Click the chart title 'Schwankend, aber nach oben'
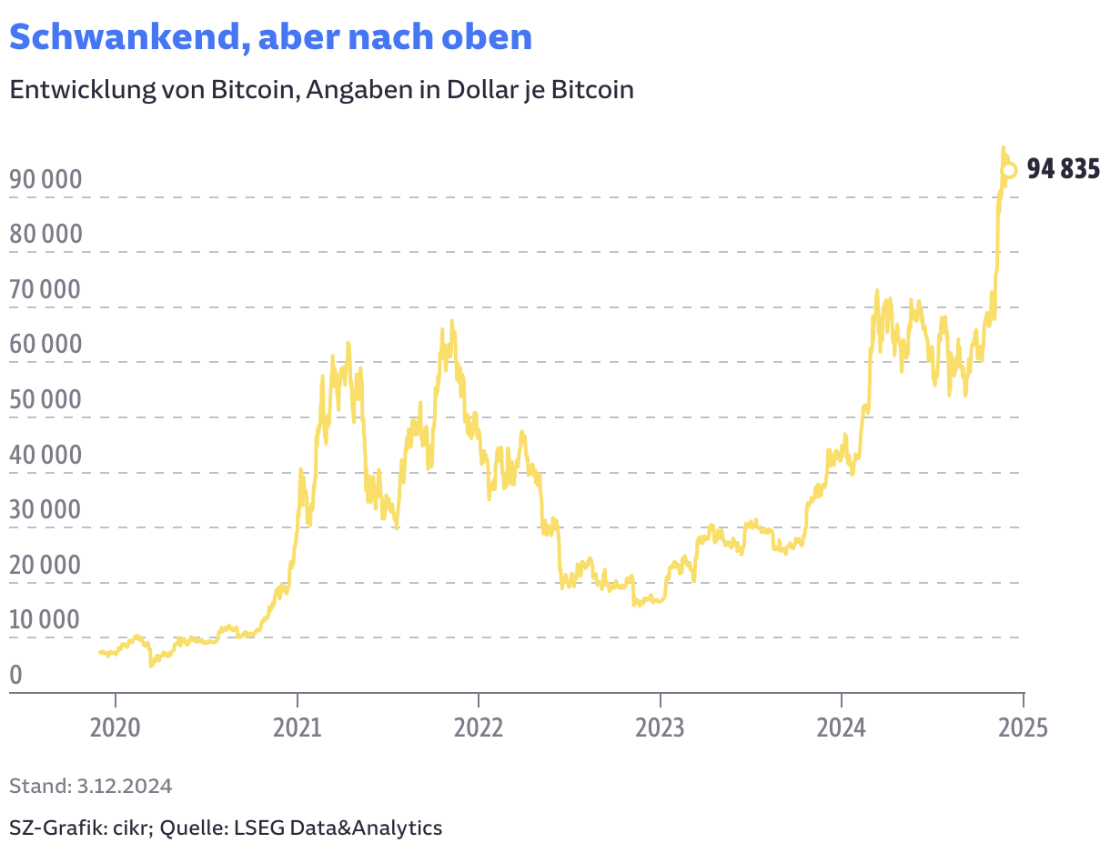[x=270, y=37]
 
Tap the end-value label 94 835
[x=1063, y=169]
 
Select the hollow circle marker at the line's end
[x=1008, y=170]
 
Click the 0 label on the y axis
[x=15, y=676]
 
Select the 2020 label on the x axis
[x=116, y=728]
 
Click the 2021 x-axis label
[x=298, y=728]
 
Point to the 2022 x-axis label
[x=479, y=728]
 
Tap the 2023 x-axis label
[x=661, y=728]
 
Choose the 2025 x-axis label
[x=1023, y=728]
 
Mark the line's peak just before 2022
[x=451, y=321]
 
